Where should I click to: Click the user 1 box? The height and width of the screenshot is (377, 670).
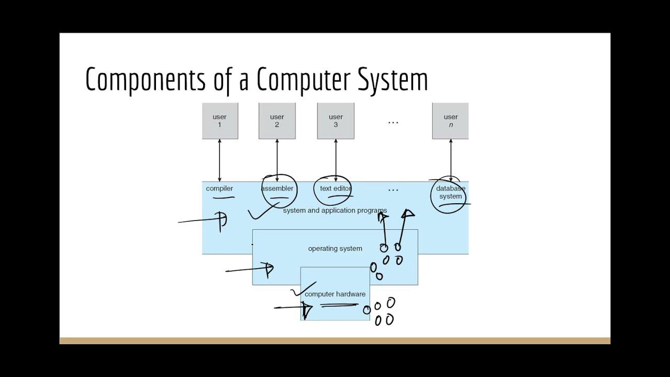point(220,121)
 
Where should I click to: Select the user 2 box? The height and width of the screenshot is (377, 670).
point(277,121)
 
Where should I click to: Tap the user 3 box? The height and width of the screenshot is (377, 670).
point(336,121)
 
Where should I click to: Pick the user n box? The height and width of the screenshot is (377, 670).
point(450,121)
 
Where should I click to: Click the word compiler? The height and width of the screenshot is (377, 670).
point(219,188)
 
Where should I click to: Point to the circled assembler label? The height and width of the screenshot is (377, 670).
point(277,188)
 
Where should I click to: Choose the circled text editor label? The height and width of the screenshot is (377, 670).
point(335,188)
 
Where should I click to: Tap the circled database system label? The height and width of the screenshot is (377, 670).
point(450,193)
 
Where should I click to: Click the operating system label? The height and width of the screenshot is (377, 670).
point(335,249)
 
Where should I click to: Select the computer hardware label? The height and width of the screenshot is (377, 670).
point(335,294)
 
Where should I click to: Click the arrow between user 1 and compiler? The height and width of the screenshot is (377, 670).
point(219,160)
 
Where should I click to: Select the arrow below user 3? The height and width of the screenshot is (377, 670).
point(336,160)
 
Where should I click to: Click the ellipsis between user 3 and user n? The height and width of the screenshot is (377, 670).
point(393,122)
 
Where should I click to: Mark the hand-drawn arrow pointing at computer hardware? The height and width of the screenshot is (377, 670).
point(293,308)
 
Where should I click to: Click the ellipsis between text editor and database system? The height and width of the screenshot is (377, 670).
point(393,190)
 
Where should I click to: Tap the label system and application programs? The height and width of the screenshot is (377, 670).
point(335,210)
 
